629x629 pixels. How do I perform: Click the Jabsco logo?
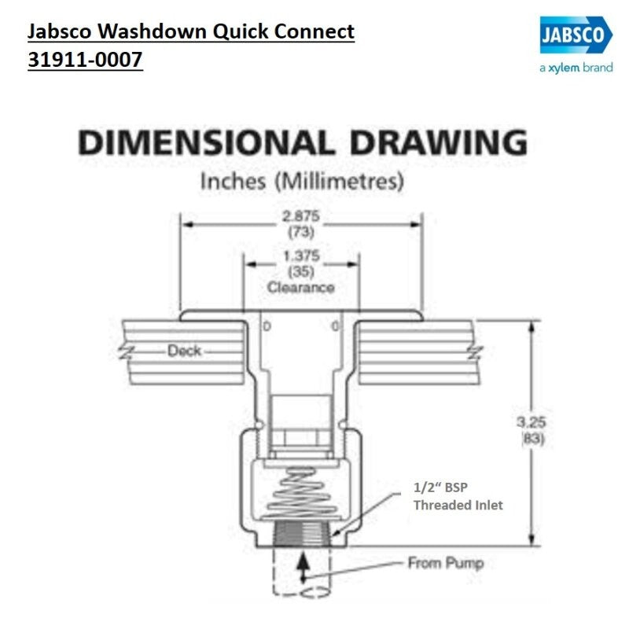(x=576, y=35)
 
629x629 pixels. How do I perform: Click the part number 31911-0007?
(x=85, y=60)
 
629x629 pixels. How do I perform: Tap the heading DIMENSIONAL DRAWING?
(x=303, y=142)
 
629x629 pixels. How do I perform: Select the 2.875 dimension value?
(x=301, y=216)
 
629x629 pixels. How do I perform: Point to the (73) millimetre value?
(x=301, y=232)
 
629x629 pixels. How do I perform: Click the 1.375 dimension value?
(x=301, y=256)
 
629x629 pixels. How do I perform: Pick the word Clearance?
(x=301, y=288)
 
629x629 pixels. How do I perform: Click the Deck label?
(x=184, y=351)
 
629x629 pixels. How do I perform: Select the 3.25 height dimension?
(x=532, y=422)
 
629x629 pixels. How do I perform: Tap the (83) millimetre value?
(x=533, y=439)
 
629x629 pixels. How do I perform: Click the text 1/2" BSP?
(x=440, y=487)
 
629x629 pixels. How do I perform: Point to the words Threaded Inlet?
(x=458, y=505)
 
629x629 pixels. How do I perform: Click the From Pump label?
(x=446, y=563)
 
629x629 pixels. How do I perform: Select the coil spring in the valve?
(x=301, y=493)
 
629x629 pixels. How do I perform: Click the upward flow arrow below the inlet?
(x=303, y=568)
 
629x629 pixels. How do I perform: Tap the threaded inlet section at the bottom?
(x=302, y=533)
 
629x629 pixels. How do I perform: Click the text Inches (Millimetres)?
(x=302, y=182)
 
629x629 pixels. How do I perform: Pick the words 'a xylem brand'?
(x=576, y=68)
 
